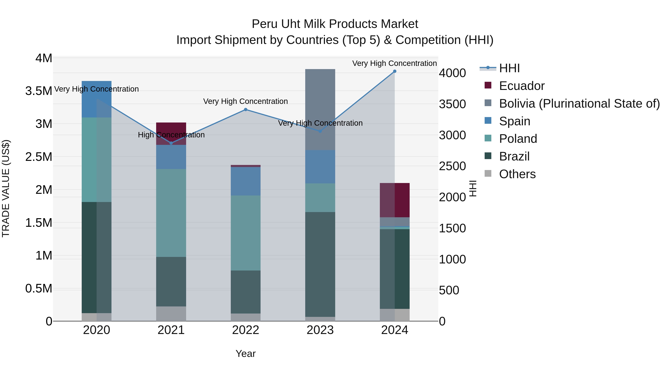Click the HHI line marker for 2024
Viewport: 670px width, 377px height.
[395, 71]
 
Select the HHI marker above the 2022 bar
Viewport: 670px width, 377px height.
[245, 109]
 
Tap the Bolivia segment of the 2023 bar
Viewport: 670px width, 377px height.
[320, 109]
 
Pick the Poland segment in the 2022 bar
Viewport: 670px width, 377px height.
[245, 233]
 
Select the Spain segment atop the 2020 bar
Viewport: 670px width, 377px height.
[96, 99]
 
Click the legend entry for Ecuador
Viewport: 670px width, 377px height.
[521, 86]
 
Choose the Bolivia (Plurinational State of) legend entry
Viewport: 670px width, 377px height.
[579, 104]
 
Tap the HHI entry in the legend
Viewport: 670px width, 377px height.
[509, 68]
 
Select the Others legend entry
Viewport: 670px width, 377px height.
[517, 174]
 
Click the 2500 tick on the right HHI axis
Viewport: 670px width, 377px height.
[452, 166]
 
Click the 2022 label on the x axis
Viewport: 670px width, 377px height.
[245, 330]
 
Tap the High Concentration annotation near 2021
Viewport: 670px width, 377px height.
[171, 135]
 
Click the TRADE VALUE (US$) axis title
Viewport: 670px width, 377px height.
[6, 188]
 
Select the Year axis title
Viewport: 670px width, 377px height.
[245, 354]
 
